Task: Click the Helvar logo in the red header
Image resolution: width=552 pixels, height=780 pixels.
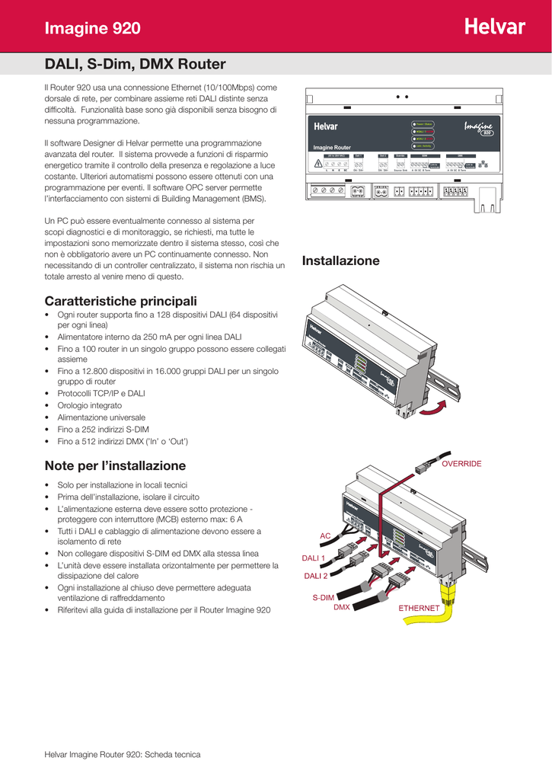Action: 494,27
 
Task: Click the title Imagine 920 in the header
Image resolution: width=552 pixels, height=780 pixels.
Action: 93,29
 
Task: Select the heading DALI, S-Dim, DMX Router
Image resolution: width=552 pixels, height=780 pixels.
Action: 135,64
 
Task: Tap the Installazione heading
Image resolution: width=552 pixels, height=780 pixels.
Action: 340,261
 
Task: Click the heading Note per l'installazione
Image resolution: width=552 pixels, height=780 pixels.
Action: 115,465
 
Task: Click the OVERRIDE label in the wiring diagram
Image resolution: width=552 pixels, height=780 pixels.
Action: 461,464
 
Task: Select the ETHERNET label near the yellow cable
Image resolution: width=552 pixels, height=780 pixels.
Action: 420,608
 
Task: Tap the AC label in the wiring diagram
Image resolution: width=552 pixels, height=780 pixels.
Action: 325,536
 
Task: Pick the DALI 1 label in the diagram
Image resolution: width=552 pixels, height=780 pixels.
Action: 314,558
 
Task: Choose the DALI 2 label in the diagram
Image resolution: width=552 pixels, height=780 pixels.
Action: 315,576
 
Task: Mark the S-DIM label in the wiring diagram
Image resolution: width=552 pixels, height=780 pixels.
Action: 324,598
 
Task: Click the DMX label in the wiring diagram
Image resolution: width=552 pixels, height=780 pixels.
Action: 342,607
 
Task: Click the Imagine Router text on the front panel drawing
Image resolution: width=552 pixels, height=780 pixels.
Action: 333,147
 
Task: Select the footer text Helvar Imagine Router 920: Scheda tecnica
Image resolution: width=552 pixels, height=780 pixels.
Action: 123,754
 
